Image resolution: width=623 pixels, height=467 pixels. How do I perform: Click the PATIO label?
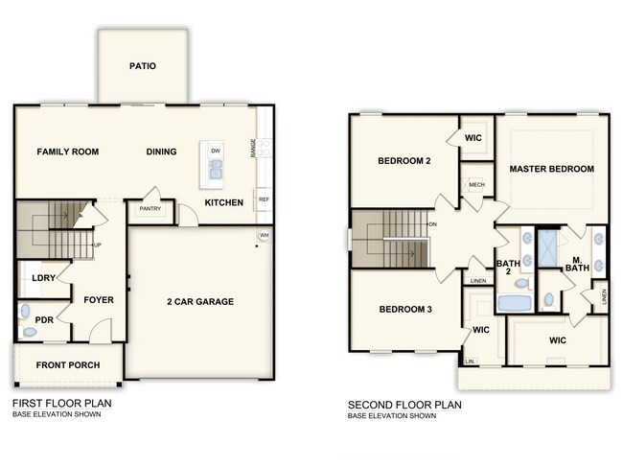click(x=143, y=66)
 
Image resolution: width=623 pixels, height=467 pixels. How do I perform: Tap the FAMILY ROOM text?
click(x=68, y=152)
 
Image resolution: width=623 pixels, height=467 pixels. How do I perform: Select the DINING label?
click(x=162, y=152)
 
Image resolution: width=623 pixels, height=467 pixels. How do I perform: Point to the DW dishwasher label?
click(x=216, y=152)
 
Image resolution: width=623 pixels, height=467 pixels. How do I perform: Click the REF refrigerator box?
click(x=263, y=199)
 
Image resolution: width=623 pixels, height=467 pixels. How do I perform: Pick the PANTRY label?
click(x=150, y=208)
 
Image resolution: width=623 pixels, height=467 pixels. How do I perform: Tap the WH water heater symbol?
click(x=263, y=236)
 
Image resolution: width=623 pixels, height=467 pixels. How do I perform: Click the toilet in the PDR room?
click(x=30, y=332)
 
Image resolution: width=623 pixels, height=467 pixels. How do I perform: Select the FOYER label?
click(x=99, y=300)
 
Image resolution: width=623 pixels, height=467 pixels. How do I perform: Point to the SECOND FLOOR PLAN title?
click(x=404, y=405)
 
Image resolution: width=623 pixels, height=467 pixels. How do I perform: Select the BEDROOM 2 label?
click(x=404, y=161)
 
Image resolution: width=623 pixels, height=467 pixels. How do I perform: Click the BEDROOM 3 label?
click(x=404, y=309)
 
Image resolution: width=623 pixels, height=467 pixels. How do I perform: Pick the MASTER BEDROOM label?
click(x=551, y=169)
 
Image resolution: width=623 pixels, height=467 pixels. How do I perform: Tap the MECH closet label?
click(x=476, y=184)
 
